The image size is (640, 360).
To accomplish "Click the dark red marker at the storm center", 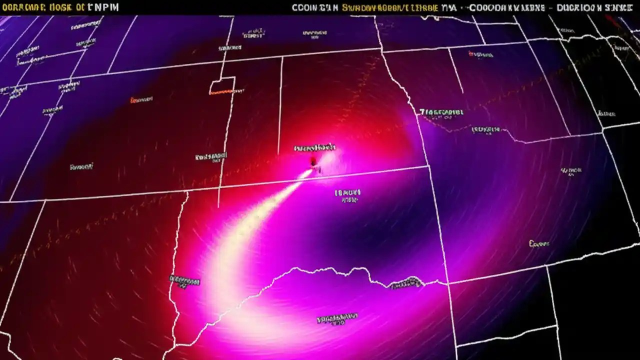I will [x=313, y=161].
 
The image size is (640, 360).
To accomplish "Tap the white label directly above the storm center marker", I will [x=315, y=148].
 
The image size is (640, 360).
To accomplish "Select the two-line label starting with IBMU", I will [x=347, y=195].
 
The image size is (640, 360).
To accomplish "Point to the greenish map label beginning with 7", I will [x=441, y=112].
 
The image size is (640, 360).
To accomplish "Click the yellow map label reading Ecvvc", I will [x=539, y=244].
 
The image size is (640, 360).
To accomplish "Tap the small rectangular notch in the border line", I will [x=222, y=85].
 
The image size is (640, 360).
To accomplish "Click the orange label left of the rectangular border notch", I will [x=141, y=100].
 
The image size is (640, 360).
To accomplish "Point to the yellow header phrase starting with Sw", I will [x=390, y=7].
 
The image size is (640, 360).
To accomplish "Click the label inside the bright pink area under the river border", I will [x=337, y=318].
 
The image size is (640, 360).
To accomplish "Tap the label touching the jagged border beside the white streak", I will [x=184, y=281].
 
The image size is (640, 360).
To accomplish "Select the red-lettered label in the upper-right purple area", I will [x=480, y=54].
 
